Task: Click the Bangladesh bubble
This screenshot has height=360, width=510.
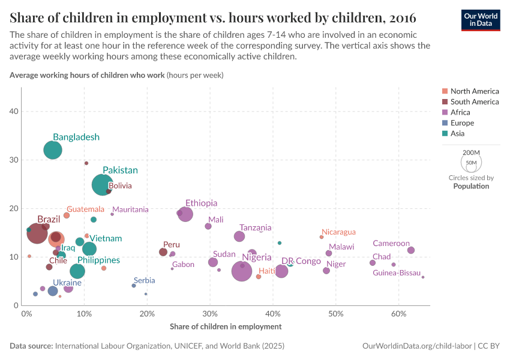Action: [x=53, y=150]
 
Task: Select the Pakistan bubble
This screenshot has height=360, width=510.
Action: [x=103, y=185]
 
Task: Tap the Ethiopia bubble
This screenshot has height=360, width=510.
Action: [x=185, y=214]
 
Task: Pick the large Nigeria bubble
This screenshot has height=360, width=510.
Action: [x=242, y=271]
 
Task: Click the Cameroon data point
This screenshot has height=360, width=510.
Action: [x=411, y=250]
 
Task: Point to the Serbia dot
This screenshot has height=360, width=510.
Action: [x=134, y=286]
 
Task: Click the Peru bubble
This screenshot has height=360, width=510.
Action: [x=163, y=252]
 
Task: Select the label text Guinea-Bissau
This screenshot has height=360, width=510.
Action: [x=397, y=273]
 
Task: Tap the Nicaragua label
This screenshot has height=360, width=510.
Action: [x=338, y=232]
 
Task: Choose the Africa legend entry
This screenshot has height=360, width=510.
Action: [x=460, y=112]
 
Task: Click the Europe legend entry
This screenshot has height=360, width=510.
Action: [x=461, y=123]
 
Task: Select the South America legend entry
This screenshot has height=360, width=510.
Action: [x=474, y=102]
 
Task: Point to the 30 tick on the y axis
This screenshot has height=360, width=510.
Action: [x=13, y=160]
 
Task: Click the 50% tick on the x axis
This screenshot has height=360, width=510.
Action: [x=335, y=314]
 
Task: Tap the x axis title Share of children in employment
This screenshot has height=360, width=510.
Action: [x=226, y=326]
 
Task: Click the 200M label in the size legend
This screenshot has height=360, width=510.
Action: [x=471, y=153]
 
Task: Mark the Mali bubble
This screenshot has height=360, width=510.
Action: [x=208, y=226]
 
